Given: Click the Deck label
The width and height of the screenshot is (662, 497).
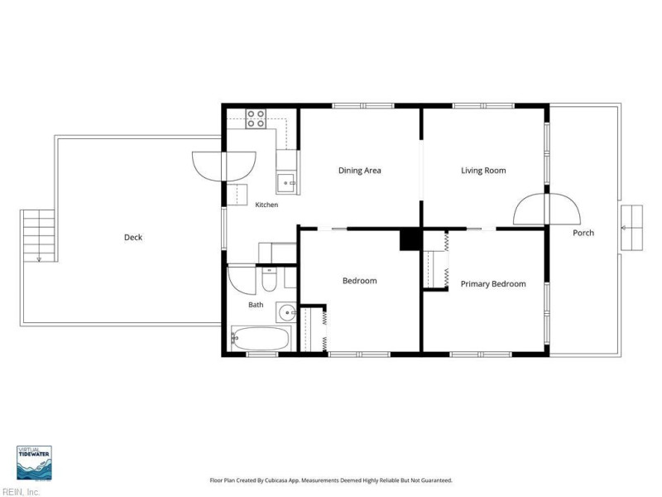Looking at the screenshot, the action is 133,238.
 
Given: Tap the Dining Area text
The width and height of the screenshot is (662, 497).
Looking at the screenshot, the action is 360,171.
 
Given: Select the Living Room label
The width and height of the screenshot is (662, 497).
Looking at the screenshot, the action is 483,171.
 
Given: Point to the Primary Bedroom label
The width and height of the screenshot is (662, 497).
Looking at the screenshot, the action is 493,284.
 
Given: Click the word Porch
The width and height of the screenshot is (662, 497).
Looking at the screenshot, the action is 583,233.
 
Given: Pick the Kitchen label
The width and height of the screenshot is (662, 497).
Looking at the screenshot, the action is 266,205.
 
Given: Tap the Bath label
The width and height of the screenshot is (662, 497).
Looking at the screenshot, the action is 256,305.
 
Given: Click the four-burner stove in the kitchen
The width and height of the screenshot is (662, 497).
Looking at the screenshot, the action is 256,118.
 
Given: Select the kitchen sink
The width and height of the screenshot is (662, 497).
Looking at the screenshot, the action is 287,182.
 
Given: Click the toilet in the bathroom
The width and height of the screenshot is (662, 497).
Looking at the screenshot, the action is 269,279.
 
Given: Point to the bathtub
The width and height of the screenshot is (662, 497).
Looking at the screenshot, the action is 261,338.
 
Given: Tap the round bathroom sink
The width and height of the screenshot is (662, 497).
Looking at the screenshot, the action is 286,313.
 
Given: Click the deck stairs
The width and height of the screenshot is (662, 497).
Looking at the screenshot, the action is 38,235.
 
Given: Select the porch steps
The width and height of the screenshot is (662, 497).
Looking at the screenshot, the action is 632,228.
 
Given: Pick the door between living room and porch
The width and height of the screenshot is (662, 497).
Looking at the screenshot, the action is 547,209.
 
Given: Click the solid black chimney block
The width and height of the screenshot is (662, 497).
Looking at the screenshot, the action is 410,240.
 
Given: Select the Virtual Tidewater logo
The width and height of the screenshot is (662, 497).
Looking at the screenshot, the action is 34,463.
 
